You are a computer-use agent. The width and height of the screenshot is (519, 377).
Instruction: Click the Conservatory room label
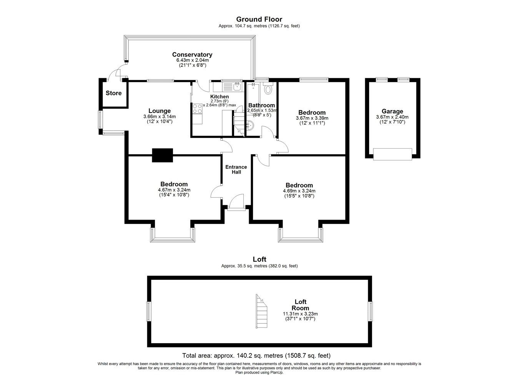click(x=192, y=55)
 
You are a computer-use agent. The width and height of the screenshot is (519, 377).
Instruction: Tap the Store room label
click(x=113, y=93)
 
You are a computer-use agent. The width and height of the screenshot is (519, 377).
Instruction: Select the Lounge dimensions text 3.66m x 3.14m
click(x=159, y=117)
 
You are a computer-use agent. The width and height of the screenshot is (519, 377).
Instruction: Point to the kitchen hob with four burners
click(x=197, y=109)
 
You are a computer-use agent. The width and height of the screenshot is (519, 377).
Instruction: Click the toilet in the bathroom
click(x=268, y=89)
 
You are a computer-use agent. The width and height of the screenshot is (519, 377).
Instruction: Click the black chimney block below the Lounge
click(x=163, y=155)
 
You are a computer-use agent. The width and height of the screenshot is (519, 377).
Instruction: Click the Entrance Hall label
click(x=236, y=169)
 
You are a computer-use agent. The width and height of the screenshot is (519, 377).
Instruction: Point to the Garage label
click(x=392, y=111)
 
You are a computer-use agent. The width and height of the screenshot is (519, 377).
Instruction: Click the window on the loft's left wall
click(x=148, y=311)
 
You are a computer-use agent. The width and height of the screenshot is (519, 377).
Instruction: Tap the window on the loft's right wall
click(x=371, y=311)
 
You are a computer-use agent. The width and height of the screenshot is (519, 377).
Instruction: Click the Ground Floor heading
click(x=259, y=19)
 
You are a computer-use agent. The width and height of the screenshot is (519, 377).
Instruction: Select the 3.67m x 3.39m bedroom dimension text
click(x=312, y=118)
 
